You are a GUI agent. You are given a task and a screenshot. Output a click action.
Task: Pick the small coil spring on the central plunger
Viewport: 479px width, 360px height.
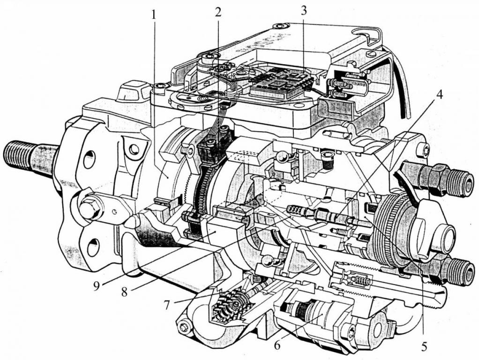click(x=295, y=210)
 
